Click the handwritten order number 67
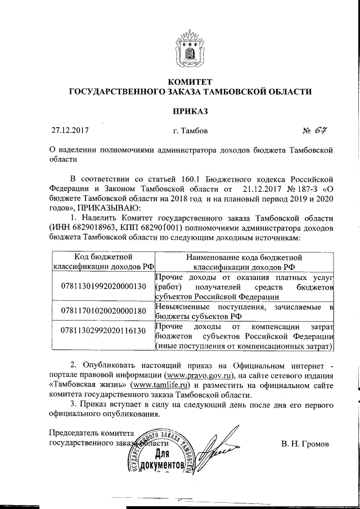[x=322, y=131]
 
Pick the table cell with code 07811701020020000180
[x=102, y=310]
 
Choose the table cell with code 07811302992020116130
[x=102, y=330]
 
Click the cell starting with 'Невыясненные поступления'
[x=244, y=310]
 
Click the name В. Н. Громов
[x=305, y=443]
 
